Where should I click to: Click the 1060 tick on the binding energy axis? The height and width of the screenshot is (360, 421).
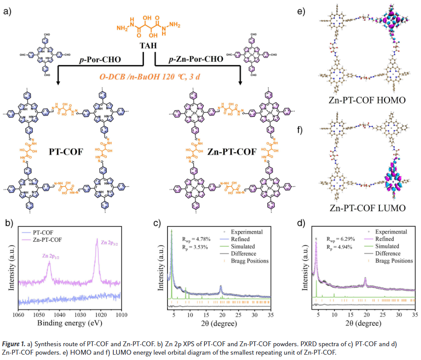point(18,314)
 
